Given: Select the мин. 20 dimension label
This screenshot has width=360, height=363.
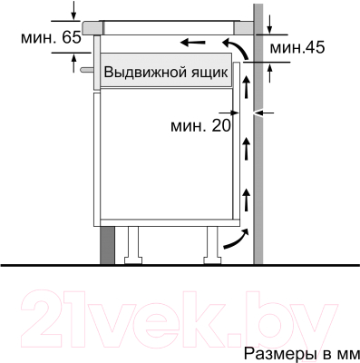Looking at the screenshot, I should pyautogui.click(x=200, y=126).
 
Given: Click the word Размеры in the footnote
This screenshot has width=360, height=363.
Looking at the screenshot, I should pyautogui.click(x=270, y=350).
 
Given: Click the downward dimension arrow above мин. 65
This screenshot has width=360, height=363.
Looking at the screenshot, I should pyautogui.click(x=73, y=12).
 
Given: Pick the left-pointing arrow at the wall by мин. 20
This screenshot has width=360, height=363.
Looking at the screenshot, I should pyautogui.click(x=265, y=113).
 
